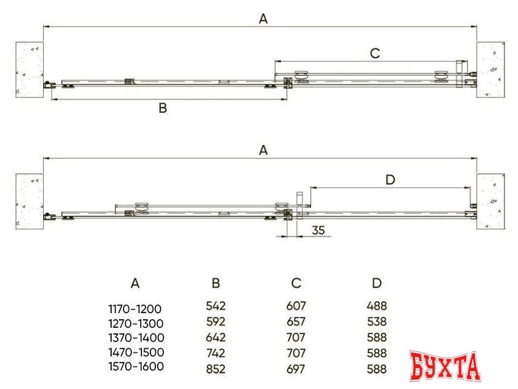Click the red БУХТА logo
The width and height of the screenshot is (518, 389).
445,366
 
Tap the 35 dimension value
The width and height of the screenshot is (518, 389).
318,230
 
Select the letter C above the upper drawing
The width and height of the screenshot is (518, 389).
375,53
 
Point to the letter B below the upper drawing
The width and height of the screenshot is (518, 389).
163,108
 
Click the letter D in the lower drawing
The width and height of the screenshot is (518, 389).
390,180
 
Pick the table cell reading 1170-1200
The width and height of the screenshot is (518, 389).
135,309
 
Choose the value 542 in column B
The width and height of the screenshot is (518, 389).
216,306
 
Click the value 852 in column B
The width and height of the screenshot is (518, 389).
216,369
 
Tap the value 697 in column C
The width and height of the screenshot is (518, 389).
296,369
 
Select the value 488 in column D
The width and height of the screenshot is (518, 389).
377,306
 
